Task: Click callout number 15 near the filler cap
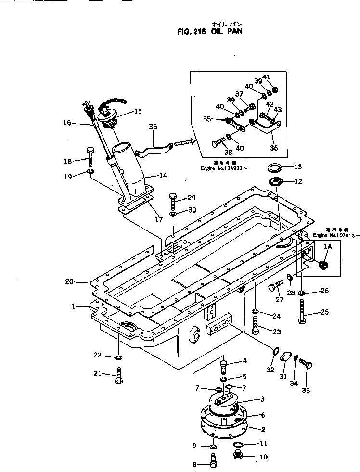pos(138,112)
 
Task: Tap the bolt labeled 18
pos(90,155)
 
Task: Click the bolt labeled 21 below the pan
pos(119,374)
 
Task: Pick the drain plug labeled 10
pos(237,456)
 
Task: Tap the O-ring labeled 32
pos(275,353)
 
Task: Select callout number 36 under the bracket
pos(273,148)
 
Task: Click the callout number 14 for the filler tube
pos(163,176)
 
